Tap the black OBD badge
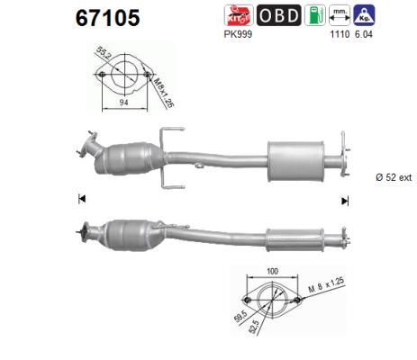pyautogui.click(x=280, y=15)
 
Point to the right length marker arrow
pyautogui.click(x=345, y=201)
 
